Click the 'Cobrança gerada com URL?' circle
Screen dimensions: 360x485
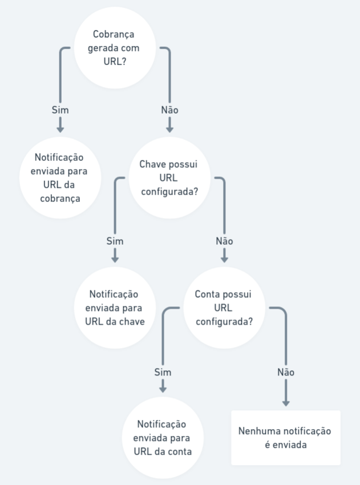pyautogui.click(x=115, y=48)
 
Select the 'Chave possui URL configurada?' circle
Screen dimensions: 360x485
pyautogui.click(x=169, y=178)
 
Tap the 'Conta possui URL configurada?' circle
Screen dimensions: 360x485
pyautogui.click(x=224, y=308)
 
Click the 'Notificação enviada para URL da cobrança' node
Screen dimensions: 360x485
pyautogui.click(x=60, y=178)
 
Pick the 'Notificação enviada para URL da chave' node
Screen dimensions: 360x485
pyautogui.click(x=115, y=308)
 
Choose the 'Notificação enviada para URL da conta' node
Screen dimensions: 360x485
pyautogui.click(x=163, y=438)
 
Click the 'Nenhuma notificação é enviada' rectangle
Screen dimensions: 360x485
pyautogui.click(x=286, y=438)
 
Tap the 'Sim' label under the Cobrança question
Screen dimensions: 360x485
pyautogui.click(x=60, y=110)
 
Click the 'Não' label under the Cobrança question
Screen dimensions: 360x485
pyautogui.click(x=169, y=110)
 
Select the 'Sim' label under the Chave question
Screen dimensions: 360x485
pyautogui.click(x=115, y=241)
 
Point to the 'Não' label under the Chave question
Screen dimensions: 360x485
pyautogui.click(x=224, y=241)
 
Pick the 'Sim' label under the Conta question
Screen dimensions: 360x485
pyautogui.click(x=163, y=372)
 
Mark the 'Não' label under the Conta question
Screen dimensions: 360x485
pyautogui.click(x=286, y=372)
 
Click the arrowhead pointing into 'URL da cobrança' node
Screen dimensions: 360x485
pyautogui.click(x=60, y=130)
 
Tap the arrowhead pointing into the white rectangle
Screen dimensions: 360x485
pyautogui.click(x=286, y=403)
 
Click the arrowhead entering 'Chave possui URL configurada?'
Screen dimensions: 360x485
pyautogui.click(x=169, y=130)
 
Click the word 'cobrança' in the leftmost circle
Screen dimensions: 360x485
pyautogui.click(x=60, y=199)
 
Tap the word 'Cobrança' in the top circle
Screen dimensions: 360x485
pyautogui.click(x=114, y=34)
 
